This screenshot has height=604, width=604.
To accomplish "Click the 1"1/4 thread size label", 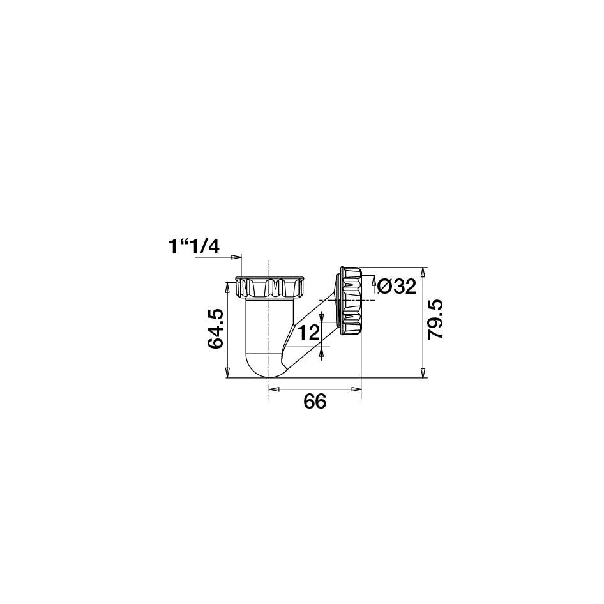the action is (x=193, y=247).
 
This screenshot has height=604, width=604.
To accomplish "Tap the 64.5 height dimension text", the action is (x=216, y=329).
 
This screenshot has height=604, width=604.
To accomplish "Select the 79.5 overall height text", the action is (x=436, y=320).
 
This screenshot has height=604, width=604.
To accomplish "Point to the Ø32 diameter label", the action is (x=396, y=287).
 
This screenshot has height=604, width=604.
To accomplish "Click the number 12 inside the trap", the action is (x=308, y=333).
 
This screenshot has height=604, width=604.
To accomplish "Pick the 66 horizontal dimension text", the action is (x=315, y=402).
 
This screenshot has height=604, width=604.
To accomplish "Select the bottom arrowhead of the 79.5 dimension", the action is (x=423, y=372).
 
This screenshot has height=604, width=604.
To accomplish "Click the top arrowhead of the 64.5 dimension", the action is (x=227, y=287).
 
